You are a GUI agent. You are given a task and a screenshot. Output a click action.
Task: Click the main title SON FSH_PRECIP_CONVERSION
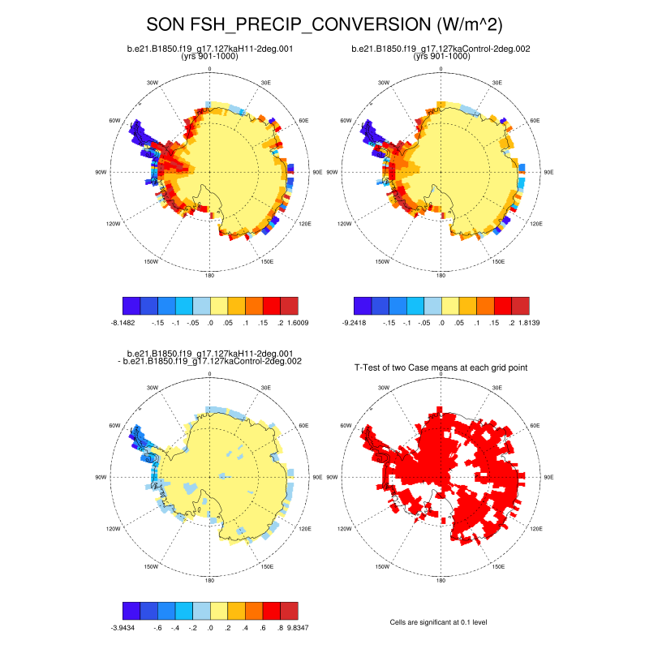pos(324,24)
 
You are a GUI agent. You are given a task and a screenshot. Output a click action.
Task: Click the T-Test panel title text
pos(441,367)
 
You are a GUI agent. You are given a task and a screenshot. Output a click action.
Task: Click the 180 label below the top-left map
pos(210,276)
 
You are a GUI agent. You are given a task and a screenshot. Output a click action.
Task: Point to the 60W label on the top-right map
pos(346,120)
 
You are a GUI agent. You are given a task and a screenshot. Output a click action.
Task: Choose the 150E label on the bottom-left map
pos(267,566)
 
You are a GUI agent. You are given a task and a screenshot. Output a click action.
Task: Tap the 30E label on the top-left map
pos(266,83)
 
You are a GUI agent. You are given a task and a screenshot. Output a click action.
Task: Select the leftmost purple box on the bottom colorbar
pos(131,610)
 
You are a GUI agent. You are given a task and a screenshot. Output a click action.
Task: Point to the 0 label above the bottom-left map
pos(210,374)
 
